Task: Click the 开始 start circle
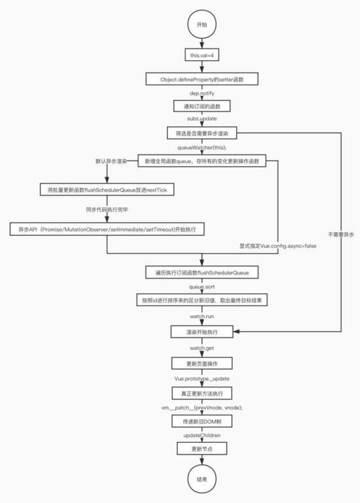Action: [x=202, y=24]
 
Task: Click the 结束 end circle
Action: [x=202, y=479]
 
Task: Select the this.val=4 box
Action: [x=202, y=56]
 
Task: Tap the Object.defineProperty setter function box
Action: [x=202, y=79]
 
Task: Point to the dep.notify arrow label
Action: [x=202, y=93]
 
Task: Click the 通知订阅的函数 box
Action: [x=202, y=106]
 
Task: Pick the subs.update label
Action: [x=202, y=120]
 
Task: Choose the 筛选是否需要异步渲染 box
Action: [x=202, y=133]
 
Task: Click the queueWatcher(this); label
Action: [x=202, y=147]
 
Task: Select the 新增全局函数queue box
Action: [x=202, y=161]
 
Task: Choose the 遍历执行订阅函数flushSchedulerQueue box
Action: [x=202, y=272]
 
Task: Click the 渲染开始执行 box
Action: [x=202, y=332]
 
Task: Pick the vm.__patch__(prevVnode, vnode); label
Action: [x=202, y=408]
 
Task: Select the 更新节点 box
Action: [x=202, y=449]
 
